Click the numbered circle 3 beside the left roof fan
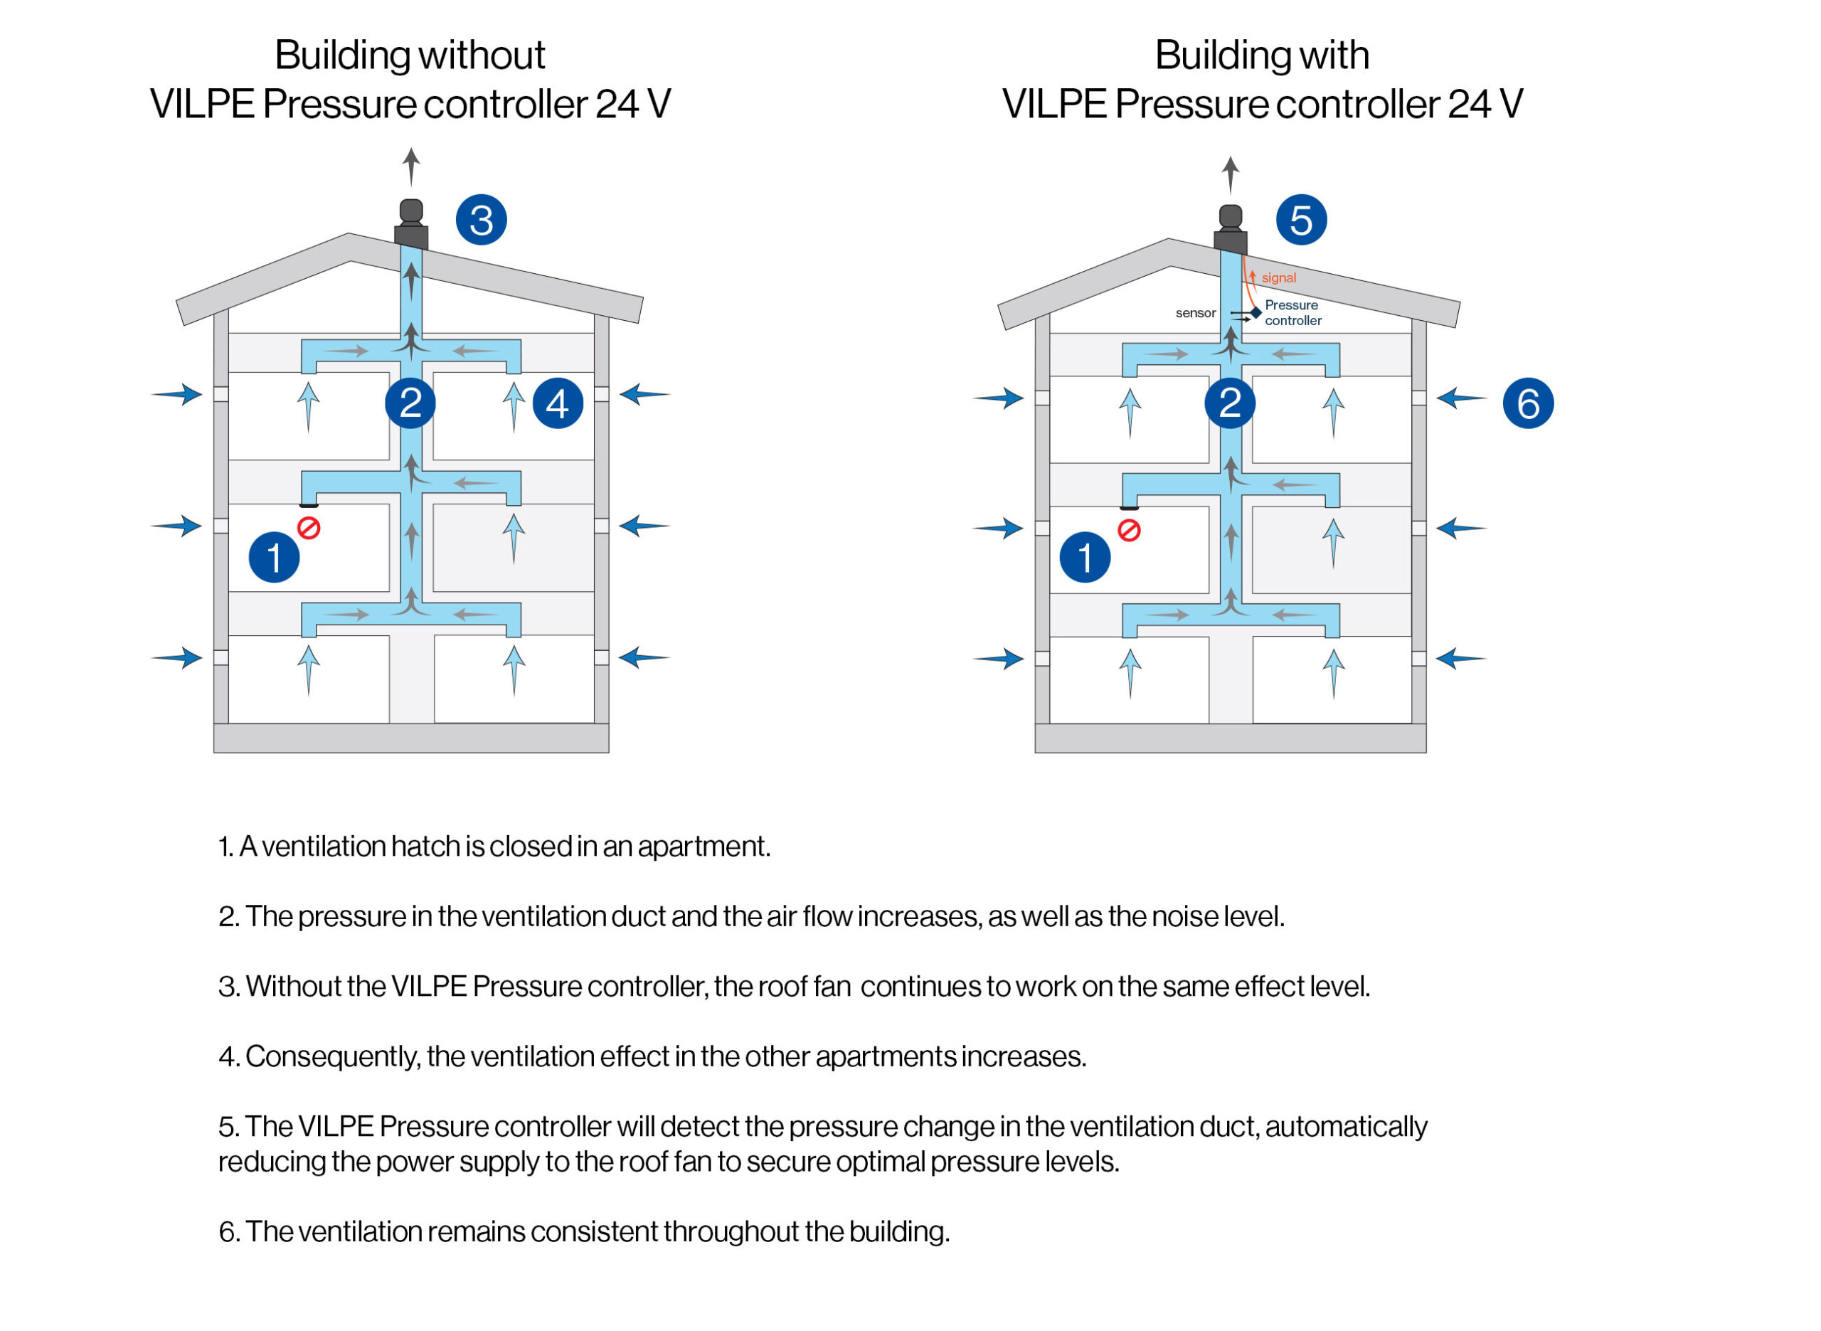tap(481, 220)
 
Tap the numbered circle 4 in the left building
tap(558, 403)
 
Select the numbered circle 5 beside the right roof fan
tap(1301, 220)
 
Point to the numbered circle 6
tap(1528, 403)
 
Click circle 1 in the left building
tap(274, 558)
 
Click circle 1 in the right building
tap(1085, 558)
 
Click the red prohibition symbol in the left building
tap(309, 528)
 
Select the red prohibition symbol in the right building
tap(1129, 530)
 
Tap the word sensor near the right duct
tap(1195, 312)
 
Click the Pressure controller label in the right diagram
tap(1292, 312)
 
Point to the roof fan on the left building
tap(410, 224)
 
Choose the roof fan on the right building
tap(1230, 230)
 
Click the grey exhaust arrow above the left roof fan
tap(410, 166)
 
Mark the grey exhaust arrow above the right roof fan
tap(1230, 174)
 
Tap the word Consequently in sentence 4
tap(331, 1056)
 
